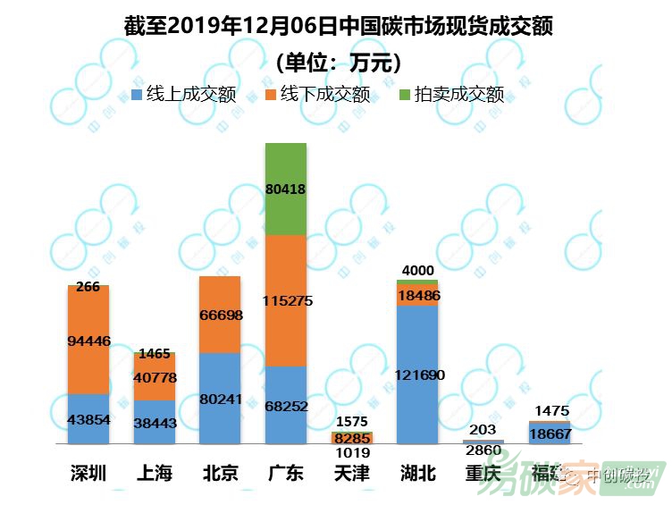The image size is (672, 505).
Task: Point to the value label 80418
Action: (x=286, y=189)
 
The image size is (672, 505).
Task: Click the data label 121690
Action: (x=417, y=375)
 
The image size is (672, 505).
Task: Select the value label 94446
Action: (x=88, y=341)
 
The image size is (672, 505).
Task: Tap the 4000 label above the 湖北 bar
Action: (x=417, y=271)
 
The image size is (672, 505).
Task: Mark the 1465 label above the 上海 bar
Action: (x=155, y=354)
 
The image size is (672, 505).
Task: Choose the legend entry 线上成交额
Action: (x=183, y=94)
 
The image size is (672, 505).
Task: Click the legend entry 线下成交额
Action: (x=316, y=94)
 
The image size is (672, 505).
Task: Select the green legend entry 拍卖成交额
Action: (x=450, y=94)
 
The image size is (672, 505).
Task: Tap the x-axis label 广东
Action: (x=286, y=474)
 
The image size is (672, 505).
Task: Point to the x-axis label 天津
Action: (x=351, y=474)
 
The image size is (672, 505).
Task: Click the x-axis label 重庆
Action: (x=483, y=474)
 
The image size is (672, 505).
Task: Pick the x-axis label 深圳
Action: (x=88, y=474)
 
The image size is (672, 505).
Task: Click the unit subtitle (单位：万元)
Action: (x=337, y=63)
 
